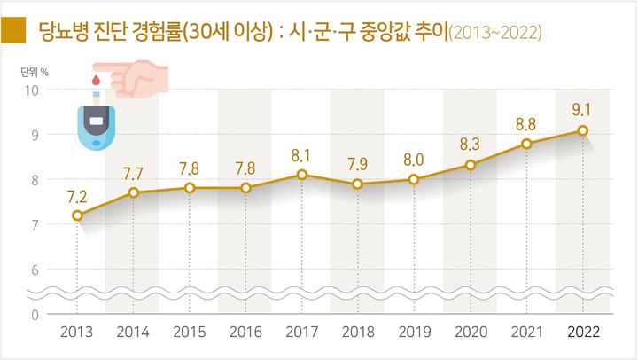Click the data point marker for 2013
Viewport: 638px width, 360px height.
point(77,215)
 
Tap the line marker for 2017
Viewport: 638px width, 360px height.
point(302,174)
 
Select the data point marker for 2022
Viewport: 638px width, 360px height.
point(582,130)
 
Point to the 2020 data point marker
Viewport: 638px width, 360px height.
point(471,165)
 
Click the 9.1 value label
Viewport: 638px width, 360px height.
point(582,110)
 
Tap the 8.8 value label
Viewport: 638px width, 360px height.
point(526,124)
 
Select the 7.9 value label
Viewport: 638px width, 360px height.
point(358,164)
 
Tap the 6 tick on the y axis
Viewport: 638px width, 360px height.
point(35,270)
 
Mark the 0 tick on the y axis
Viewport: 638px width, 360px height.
point(35,315)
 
